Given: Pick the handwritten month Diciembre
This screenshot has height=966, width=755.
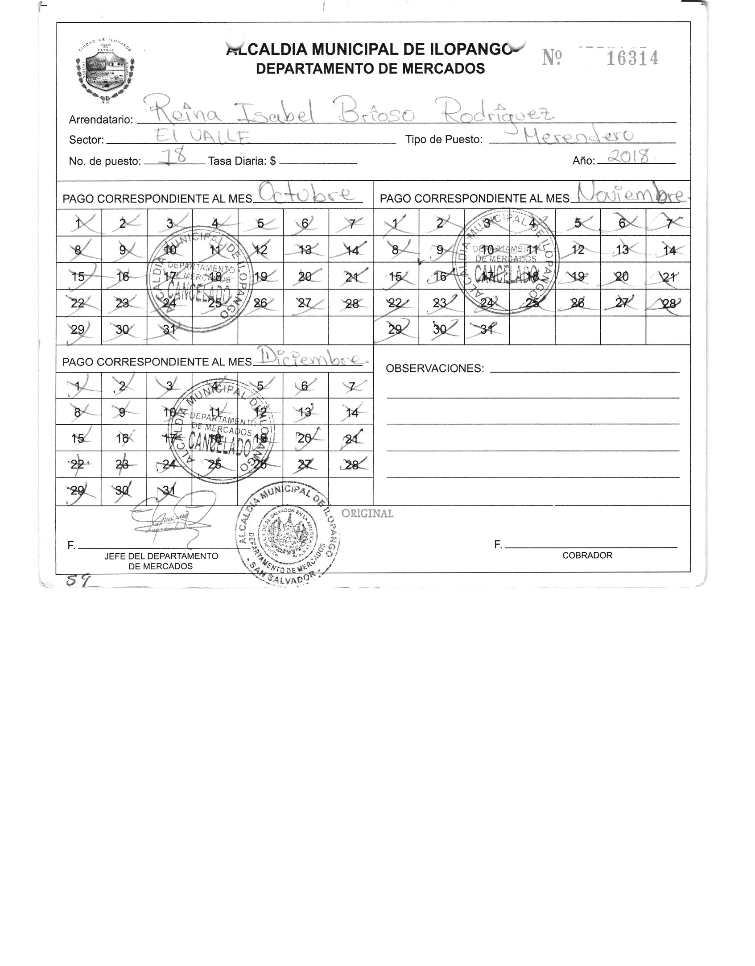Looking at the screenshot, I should click(x=310, y=358).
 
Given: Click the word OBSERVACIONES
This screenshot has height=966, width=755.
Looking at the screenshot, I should click(x=435, y=368).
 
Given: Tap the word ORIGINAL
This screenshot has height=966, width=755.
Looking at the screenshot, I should click(x=367, y=514).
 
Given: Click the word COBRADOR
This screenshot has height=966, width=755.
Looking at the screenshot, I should click(x=587, y=556).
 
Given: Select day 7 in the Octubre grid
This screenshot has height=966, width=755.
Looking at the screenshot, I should click(x=352, y=224).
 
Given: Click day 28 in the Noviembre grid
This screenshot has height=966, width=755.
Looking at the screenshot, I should click(x=668, y=304).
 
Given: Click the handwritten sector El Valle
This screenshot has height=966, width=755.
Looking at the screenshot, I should click(x=203, y=136).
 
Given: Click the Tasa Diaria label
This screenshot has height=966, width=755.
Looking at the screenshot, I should click(x=241, y=161).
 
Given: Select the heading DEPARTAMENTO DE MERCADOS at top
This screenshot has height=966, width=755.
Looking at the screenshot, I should click(x=370, y=68).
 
